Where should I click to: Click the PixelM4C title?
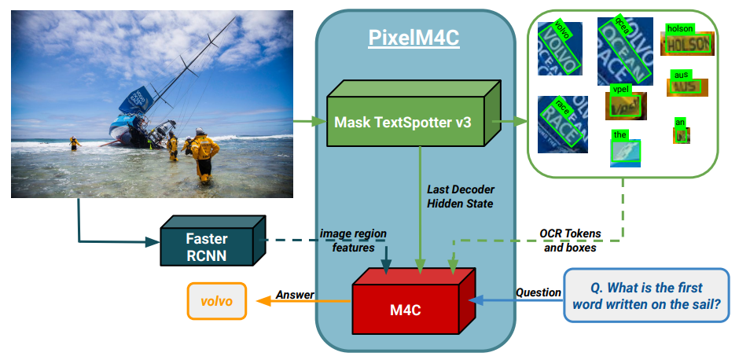click(x=414, y=38)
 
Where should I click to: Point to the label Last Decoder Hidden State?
click(x=461, y=197)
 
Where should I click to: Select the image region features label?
click(x=351, y=241)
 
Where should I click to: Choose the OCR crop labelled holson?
click(x=688, y=44)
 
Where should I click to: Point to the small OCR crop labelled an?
click(x=681, y=134)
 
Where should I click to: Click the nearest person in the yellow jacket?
click(x=204, y=152)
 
